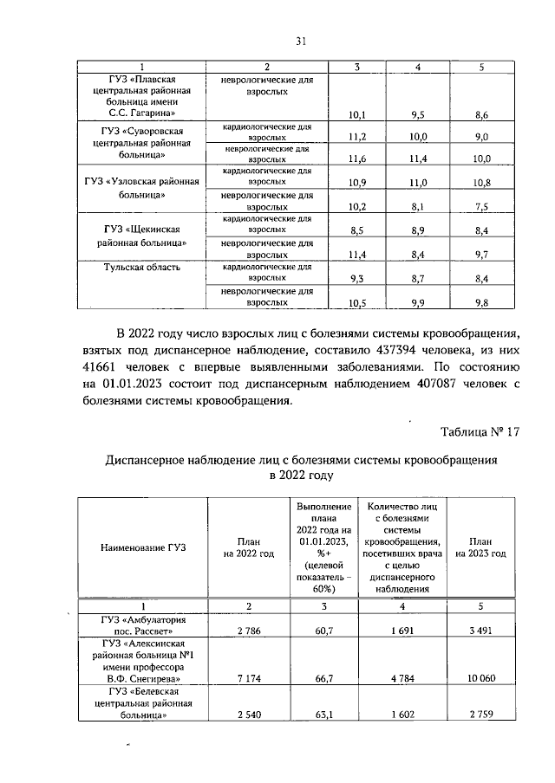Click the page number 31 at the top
coord(301,41)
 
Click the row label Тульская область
coord(143,267)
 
